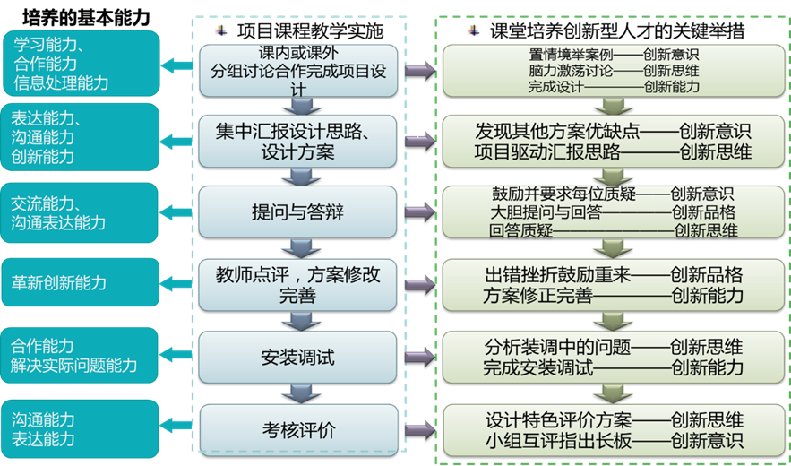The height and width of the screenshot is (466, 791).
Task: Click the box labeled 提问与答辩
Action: [297, 212]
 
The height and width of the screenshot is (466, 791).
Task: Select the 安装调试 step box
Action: [297, 357]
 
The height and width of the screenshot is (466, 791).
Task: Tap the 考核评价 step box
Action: [297, 429]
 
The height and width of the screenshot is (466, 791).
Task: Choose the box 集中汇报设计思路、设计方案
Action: [297, 141]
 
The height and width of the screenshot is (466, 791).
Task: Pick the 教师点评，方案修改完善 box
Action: [297, 284]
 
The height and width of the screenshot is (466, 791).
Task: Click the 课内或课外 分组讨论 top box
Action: [297, 70]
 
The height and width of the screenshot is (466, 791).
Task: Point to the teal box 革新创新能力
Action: [81, 283]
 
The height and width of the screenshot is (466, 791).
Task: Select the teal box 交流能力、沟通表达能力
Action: [81, 212]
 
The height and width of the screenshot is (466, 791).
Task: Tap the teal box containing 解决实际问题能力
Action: [81, 355]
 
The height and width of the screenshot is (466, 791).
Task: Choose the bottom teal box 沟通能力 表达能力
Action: [81, 428]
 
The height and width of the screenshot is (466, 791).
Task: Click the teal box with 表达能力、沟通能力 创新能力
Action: [81, 138]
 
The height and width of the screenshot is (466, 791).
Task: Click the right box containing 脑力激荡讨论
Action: [614, 70]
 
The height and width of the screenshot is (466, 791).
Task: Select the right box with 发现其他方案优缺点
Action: [614, 141]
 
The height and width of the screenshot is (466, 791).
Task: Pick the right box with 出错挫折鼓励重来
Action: [614, 284]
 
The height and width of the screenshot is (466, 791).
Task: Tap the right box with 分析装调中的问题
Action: [614, 357]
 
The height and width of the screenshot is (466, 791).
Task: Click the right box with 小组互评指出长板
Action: [614, 429]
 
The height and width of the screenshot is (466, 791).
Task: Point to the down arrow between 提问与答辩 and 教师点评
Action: [297, 248]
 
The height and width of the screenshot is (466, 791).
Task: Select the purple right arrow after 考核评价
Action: [419, 430]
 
